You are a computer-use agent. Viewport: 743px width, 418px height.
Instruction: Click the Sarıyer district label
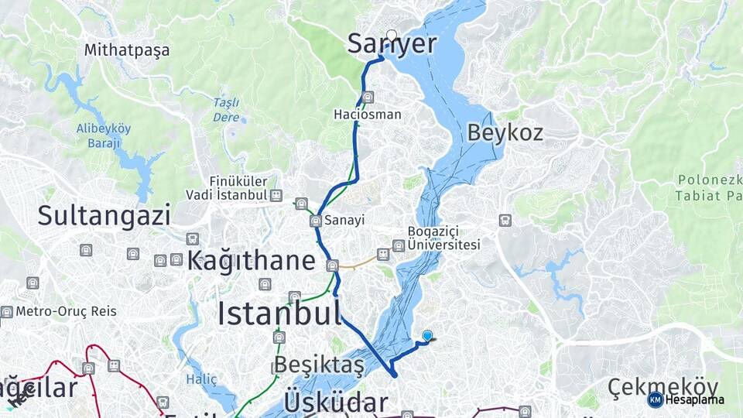pyautogui.click(x=392, y=45)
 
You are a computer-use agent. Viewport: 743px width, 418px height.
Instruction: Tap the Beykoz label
pyautogui.click(x=505, y=132)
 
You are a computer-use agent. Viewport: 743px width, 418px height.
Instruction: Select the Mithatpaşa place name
pyautogui.click(x=127, y=50)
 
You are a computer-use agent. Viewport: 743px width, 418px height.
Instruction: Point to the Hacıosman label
pyautogui.click(x=367, y=115)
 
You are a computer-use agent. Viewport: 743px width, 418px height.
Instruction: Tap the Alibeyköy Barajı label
pyautogui.click(x=103, y=135)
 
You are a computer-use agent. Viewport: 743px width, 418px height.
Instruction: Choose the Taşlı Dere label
pyautogui.click(x=226, y=110)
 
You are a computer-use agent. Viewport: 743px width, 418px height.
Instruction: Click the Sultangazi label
pyautogui.click(x=104, y=215)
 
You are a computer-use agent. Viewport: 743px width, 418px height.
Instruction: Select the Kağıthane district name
pyautogui.click(x=251, y=260)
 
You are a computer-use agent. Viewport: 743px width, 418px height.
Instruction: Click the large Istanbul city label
pyautogui.click(x=279, y=313)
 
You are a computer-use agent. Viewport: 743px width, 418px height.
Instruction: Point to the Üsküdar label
pyautogui.click(x=335, y=403)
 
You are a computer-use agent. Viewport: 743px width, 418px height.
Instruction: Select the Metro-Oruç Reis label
pyautogui.click(x=66, y=311)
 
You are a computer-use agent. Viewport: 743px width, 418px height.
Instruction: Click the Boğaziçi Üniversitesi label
pyautogui.click(x=444, y=238)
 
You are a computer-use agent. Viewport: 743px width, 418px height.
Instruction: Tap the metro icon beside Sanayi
pyautogui.click(x=316, y=221)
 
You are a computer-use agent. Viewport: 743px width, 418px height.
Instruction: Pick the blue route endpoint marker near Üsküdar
pyautogui.click(x=427, y=336)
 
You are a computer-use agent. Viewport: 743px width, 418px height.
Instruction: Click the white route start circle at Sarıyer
pyautogui.click(x=392, y=35)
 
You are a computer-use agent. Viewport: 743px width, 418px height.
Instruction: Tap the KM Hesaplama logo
pyautogui.click(x=687, y=399)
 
